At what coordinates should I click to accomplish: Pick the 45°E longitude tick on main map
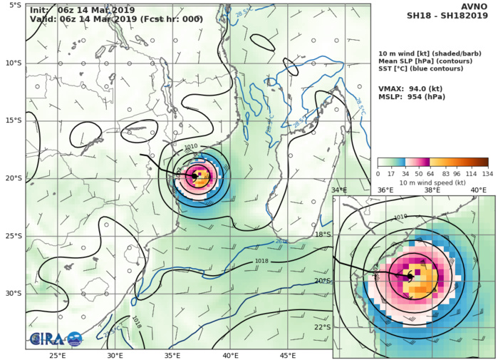coord(288,354)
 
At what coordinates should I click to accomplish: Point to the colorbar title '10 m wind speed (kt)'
coord(433,183)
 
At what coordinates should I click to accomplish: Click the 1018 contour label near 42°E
coord(262,262)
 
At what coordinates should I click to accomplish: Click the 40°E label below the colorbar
coord(478,190)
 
